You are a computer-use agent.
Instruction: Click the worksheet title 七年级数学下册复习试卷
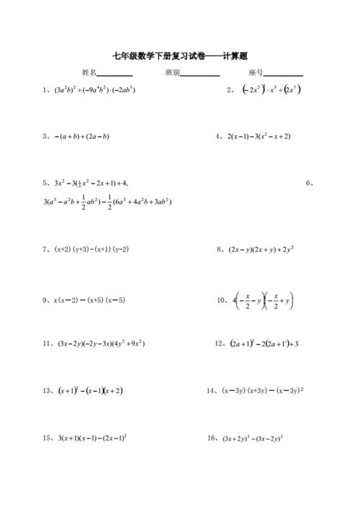[x=156, y=55]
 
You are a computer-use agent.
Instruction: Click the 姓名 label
[x=89, y=73]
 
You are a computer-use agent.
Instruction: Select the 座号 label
[x=255, y=73]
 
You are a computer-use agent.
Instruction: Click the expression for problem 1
[x=95, y=91]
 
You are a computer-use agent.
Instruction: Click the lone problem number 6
[x=310, y=183]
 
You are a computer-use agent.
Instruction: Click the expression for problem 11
[x=100, y=343]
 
